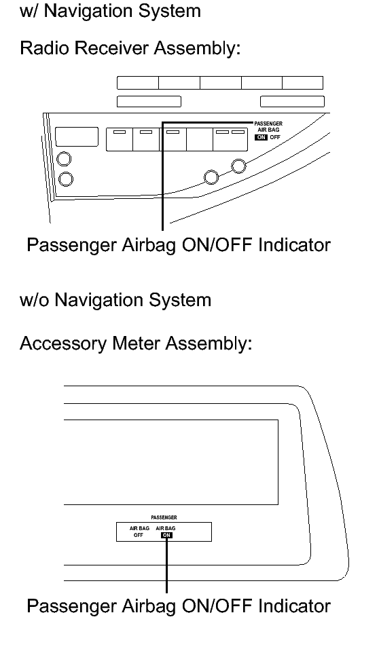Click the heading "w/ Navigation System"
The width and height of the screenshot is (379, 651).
[110, 11]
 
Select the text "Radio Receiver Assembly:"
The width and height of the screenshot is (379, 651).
[130, 49]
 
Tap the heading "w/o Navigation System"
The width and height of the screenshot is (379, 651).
[115, 300]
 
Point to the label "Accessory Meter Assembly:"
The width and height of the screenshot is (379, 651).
[136, 343]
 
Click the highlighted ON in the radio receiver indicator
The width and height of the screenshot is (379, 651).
[261, 137]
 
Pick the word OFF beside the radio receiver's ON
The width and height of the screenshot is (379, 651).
[275, 137]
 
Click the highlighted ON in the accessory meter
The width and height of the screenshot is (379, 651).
[166, 535]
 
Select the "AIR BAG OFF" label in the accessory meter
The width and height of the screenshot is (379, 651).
[139, 532]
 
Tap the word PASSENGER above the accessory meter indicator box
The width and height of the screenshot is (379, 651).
[164, 518]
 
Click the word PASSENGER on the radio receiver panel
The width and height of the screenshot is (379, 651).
[268, 124]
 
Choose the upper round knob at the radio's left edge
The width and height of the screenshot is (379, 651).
[64, 159]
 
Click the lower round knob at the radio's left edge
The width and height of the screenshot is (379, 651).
[65, 179]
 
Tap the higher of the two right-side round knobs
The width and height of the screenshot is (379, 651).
[238, 166]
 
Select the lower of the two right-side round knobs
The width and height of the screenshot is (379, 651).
[211, 177]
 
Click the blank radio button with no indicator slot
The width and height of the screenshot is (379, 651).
[200, 140]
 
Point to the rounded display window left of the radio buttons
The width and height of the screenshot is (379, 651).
[77, 137]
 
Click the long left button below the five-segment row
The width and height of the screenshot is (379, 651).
[149, 101]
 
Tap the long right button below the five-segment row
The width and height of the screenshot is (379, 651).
[292, 101]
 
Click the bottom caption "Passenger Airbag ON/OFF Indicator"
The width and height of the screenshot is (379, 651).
[179, 606]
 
